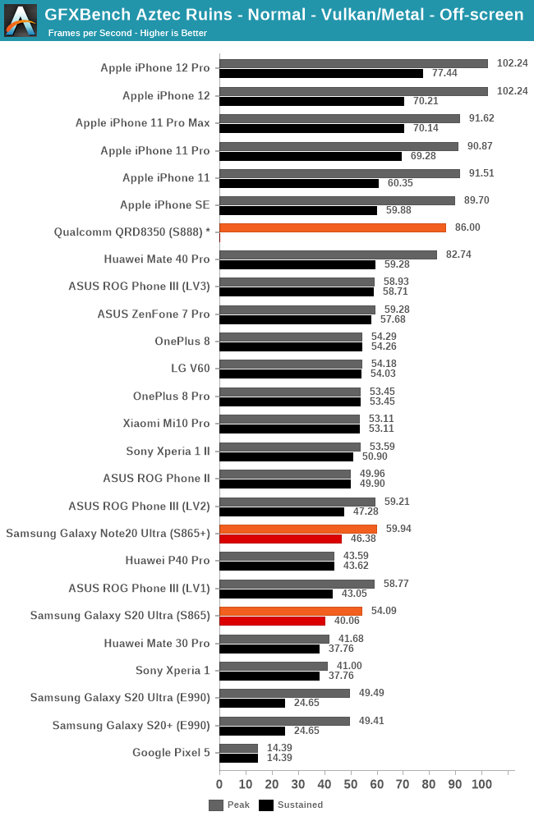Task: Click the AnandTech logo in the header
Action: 21,21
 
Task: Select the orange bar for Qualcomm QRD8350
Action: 333,227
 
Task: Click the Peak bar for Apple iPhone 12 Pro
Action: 353,63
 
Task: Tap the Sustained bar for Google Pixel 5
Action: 238,758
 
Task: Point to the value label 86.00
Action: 468,227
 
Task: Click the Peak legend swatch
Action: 216,805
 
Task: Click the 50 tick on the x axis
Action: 351,784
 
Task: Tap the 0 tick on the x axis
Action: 219,784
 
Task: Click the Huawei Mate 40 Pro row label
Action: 157,259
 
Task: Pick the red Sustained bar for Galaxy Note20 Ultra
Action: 280,539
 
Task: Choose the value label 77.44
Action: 443,73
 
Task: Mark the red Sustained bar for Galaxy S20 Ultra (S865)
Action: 272,621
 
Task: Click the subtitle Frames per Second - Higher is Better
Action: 127,33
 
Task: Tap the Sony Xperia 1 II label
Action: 168,451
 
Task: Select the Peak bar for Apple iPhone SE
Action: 337,200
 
